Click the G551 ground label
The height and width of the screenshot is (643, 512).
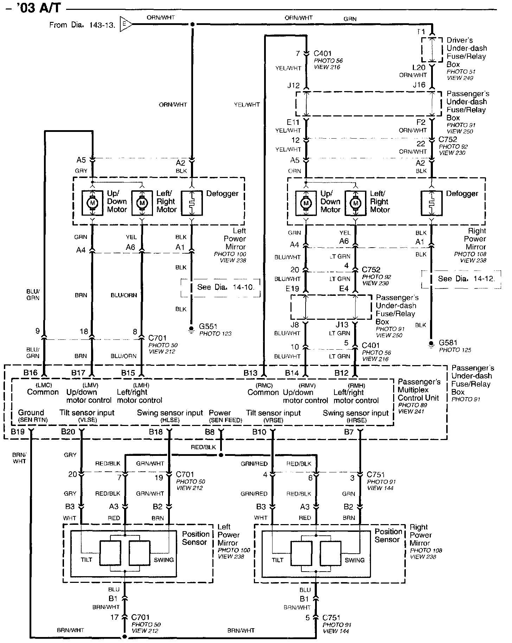208,326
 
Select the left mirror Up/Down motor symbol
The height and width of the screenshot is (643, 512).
92,203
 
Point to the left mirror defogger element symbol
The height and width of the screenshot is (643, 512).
192,203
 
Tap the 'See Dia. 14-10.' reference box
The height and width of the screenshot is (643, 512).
220,287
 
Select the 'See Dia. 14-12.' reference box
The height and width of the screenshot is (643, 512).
461,279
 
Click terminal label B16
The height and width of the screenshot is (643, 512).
31,373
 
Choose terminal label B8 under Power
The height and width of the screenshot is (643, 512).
210,432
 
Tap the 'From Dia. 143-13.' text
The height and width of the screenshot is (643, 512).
82,25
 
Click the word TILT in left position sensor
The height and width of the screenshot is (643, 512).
87,559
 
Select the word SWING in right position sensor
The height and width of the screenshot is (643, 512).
354,560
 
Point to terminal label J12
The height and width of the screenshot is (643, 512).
293,85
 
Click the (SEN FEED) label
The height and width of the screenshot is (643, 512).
225,420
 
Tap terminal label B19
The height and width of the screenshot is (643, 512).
18,432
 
